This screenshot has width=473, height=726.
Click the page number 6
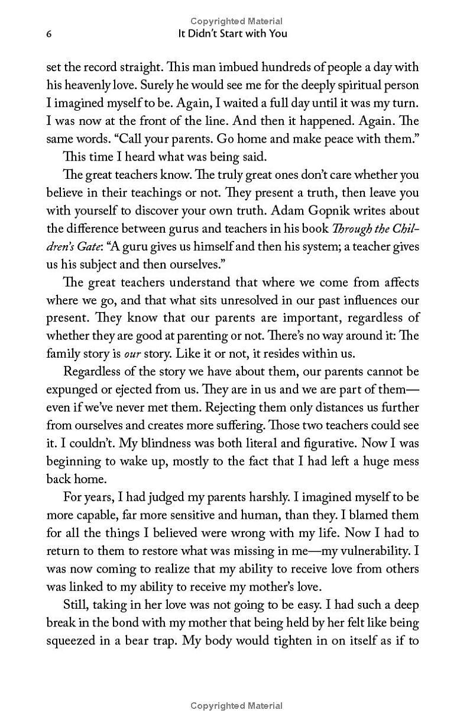click(x=49, y=34)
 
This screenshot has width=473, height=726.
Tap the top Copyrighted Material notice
click(x=236, y=21)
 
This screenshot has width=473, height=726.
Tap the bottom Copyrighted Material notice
click(x=236, y=705)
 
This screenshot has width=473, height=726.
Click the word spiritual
click(x=351, y=85)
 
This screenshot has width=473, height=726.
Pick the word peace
click(x=328, y=139)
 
